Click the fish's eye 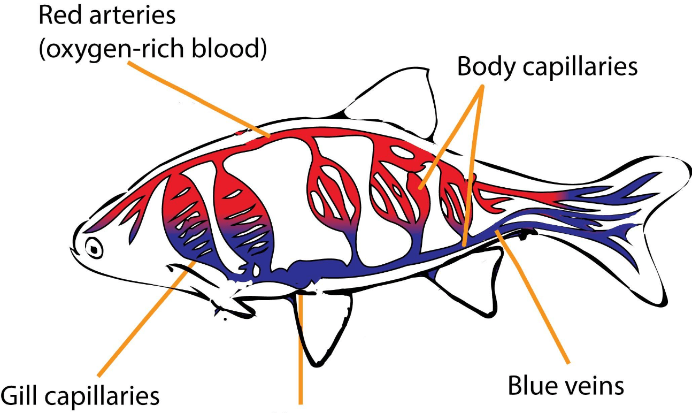pyautogui.click(x=94, y=248)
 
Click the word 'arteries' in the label pyautogui.click(x=133, y=16)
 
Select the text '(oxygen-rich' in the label pyautogui.click(x=112, y=49)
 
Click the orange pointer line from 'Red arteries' pyautogui.click(x=199, y=99)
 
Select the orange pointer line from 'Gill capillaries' pyautogui.click(x=147, y=319)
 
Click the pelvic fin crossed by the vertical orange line pyautogui.click(x=321, y=328)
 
